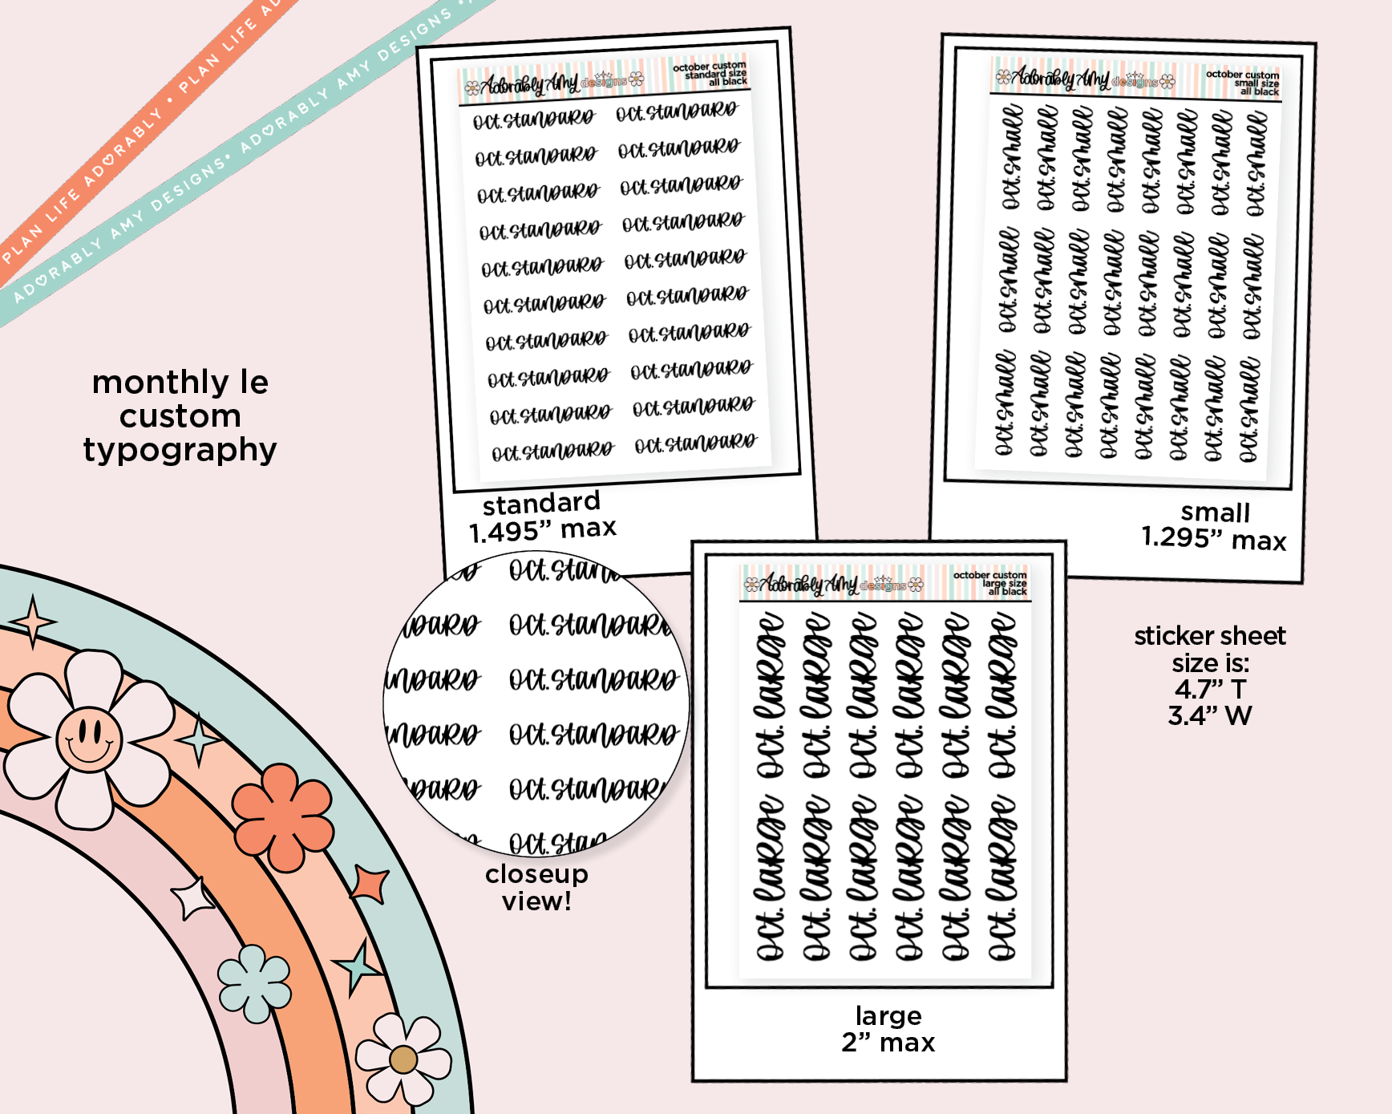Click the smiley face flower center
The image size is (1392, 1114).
pyautogui.click(x=89, y=739)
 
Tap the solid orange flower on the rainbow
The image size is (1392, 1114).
pyautogui.click(x=283, y=816)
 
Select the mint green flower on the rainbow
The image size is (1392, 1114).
pyautogui.click(x=254, y=982)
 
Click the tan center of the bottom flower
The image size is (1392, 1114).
pyautogui.click(x=403, y=1059)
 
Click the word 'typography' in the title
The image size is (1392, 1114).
pyautogui.click(x=180, y=451)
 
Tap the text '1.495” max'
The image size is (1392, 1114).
pyautogui.click(x=543, y=529)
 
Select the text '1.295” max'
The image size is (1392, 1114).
pyautogui.click(x=1213, y=538)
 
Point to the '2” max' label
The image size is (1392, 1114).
pyautogui.click(x=888, y=1042)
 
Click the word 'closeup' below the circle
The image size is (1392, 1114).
pyautogui.click(x=536, y=873)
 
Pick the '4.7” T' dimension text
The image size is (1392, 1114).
pyautogui.click(x=1210, y=689)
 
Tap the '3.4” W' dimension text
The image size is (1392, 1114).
pyautogui.click(x=1209, y=715)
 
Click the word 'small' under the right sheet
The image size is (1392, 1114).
pyautogui.click(x=1215, y=512)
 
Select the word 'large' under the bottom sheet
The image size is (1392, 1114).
pyautogui.click(x=888, y=1015)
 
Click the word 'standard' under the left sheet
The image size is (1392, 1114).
pyautogui.click(x=541, y=503)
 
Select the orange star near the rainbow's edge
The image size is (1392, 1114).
pyautogui.click(x=370, y=884)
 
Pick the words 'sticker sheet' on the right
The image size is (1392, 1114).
pyautogui.click(x=1209, y=636)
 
